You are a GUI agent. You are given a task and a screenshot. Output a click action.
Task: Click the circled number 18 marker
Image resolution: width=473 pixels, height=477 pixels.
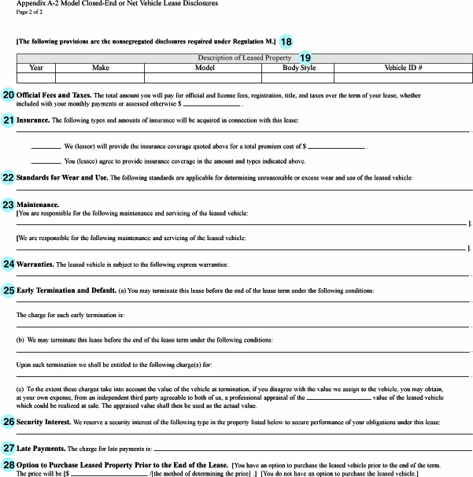(x=286, y=41)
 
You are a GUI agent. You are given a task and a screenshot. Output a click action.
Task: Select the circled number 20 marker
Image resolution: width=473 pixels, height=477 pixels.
(x=8, y=95)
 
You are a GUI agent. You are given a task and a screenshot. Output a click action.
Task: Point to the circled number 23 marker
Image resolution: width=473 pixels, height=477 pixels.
(x=8, y=205)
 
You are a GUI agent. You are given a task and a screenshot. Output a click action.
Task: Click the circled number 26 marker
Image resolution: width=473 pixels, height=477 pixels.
(x=8, y=422)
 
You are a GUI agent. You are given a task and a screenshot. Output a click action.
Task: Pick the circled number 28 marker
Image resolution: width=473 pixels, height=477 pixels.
(x=8, y=465)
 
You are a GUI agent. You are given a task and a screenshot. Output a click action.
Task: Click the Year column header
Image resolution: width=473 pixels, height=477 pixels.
(x=35, y=68)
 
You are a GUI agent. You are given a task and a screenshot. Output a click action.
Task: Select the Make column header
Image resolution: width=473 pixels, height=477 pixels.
(x=101, y=68)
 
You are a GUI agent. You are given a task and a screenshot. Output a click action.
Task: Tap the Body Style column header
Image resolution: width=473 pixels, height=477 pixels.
(x=299, y=68)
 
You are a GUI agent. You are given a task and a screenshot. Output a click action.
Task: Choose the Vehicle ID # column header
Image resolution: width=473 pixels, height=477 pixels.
(x=403, y=68)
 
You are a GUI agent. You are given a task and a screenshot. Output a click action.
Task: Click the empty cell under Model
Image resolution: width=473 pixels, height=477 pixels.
(x=205, y=78)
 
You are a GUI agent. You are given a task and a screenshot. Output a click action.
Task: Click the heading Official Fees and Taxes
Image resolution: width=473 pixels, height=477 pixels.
(x=52, y=95)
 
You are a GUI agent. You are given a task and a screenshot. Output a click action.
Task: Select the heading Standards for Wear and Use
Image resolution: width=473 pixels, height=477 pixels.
(x=61, y=178)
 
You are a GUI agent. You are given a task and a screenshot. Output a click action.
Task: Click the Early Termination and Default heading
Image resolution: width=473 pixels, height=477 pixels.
(x=66, y=290)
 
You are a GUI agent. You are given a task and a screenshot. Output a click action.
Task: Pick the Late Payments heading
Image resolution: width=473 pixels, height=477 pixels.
(x=40, y=448)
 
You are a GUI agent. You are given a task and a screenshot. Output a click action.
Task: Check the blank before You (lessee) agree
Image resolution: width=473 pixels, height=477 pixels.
(x=46, y=161)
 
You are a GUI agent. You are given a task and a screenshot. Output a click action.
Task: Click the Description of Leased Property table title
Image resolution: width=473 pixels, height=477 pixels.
(x=244, y=58)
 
